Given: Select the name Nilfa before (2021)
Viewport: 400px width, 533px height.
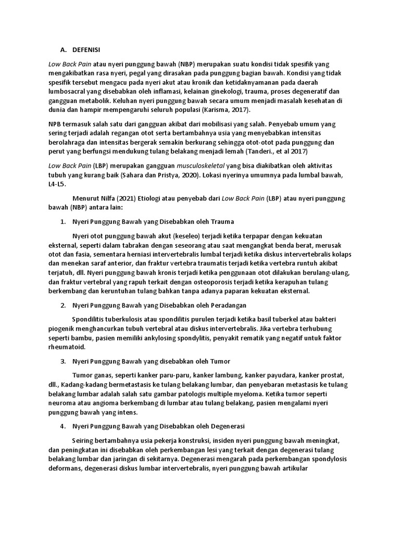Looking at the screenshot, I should click(x=103, y=198).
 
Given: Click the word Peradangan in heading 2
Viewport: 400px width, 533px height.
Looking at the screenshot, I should click(x=229, y=305).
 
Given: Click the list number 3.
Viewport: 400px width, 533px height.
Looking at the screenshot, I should click(x=63, y=361).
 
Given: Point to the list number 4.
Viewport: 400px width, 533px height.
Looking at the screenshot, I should click(x=63, y=426).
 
